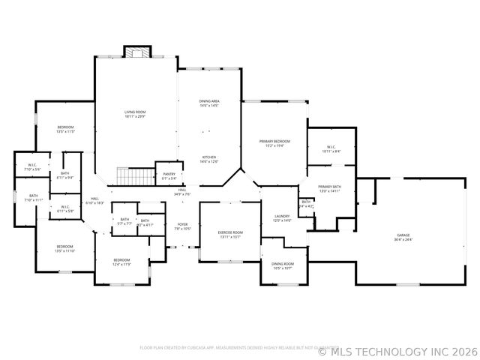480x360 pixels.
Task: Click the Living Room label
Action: [135, 114]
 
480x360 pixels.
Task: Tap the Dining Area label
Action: [208, 103]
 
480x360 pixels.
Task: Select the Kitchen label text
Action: [208, 159]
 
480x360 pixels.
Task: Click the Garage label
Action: [403, 238]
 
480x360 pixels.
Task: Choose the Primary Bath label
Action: [329, 188]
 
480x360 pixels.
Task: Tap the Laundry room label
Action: [281, 218]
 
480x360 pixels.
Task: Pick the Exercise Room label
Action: [229, 235]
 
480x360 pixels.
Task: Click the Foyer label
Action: [182, 226]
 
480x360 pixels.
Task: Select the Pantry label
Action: [169, 176]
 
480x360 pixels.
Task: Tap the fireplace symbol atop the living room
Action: [136, 52]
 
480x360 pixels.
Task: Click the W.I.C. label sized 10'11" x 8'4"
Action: [331, 149]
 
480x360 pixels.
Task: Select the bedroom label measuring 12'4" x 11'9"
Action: [121, 262]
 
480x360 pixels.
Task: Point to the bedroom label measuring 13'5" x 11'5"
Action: [66, 129]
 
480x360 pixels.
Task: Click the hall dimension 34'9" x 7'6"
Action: [182, 193]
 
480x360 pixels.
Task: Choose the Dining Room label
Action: [283, 265]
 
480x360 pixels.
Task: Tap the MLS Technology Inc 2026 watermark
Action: [397, 349]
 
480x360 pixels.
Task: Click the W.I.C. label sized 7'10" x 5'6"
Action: [32, 167]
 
